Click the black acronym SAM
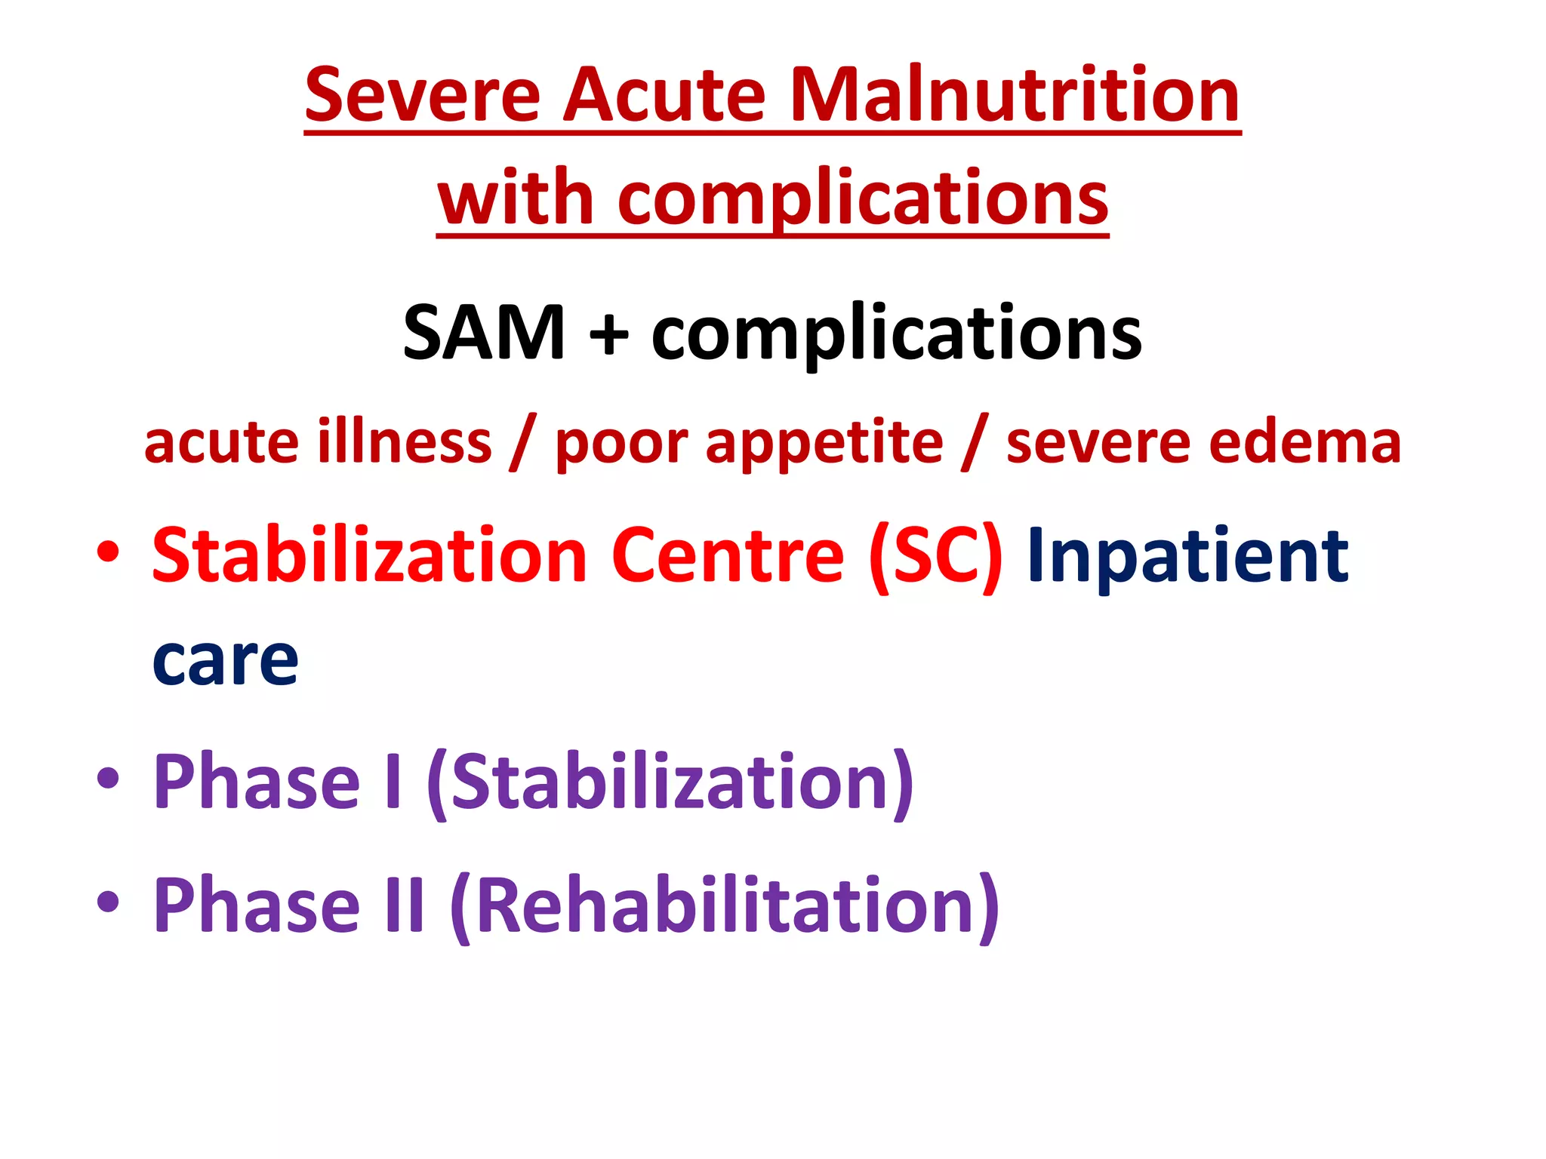(x=484, y=333)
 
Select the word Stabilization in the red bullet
(x=369, y=556)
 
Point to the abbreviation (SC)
(x=935, y=557)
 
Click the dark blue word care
(x=225, y=661)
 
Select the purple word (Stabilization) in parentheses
(x=670, y=782)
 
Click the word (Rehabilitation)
(x=725, y=905)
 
